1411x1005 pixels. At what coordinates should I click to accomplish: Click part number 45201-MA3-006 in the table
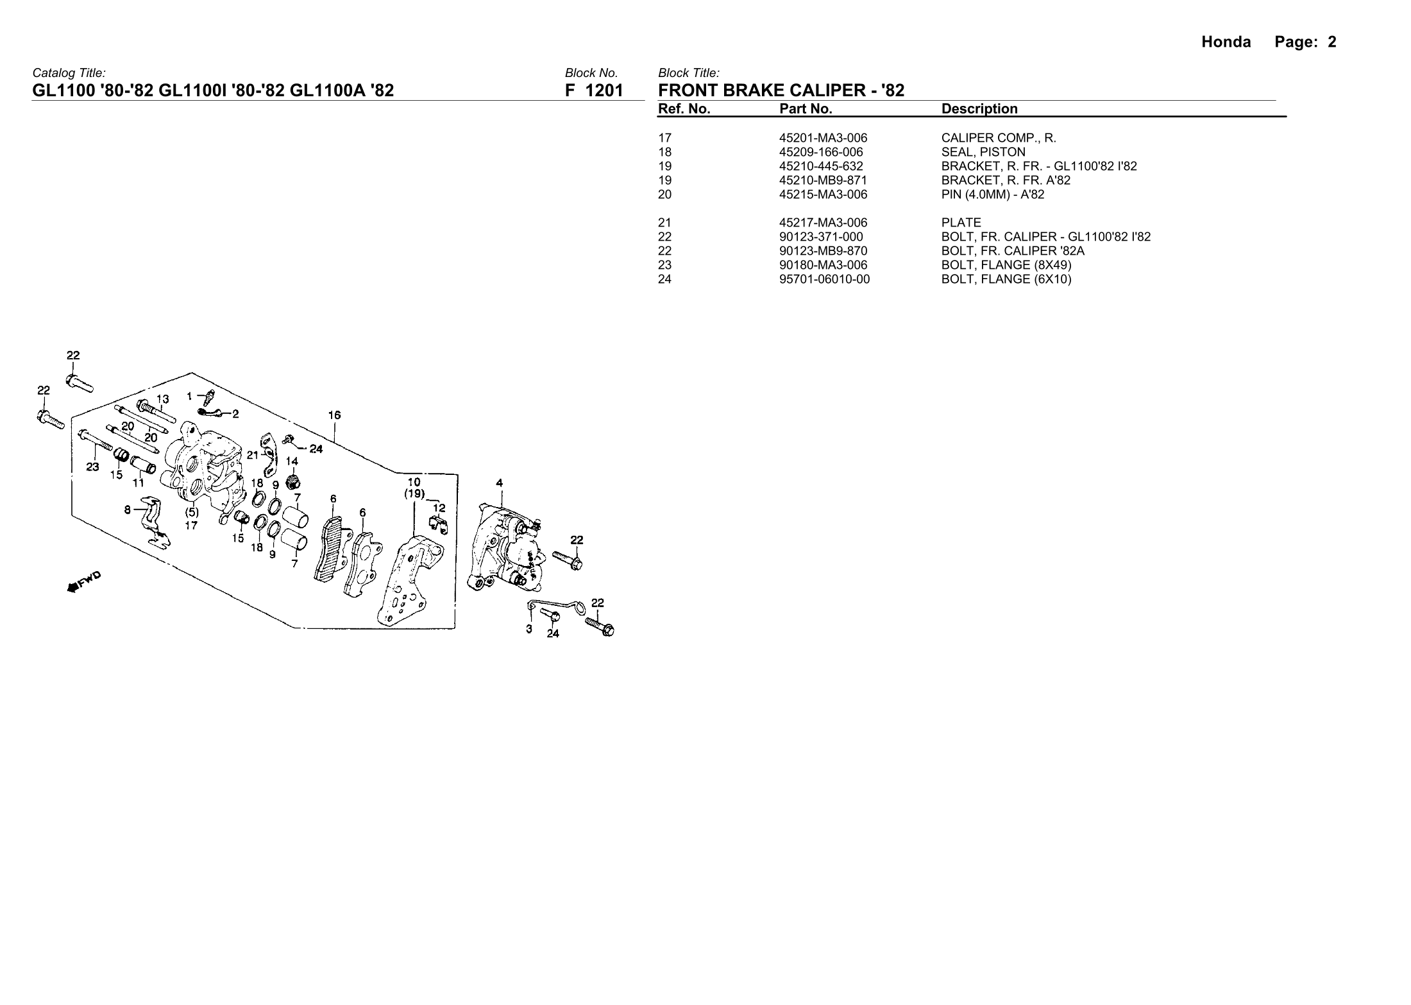[823, 138]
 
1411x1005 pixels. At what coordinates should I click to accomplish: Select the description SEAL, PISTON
[983, 152]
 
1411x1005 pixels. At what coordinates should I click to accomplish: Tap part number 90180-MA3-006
[823, 265]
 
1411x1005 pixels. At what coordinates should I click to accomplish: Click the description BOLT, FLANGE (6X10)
[1006, 279]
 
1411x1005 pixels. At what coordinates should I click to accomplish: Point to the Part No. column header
[806, 109]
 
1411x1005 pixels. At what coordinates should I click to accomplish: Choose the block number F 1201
[593, 90]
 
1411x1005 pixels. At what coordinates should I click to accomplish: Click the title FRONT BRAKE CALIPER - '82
[781, 90]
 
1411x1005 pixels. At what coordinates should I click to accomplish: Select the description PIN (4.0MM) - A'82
[992, 194]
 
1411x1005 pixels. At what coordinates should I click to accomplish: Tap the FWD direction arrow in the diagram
[84, 581]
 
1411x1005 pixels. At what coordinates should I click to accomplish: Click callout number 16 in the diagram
[334, 415]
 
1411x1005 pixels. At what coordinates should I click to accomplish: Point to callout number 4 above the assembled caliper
[500, 483]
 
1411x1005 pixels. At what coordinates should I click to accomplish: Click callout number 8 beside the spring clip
[128, 510]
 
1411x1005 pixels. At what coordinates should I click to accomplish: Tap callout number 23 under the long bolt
[93, 467]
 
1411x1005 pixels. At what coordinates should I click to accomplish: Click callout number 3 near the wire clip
[529, 629]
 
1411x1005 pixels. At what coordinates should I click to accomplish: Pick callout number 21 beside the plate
[253, 455]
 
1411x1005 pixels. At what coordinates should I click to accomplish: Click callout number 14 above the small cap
[292, 461]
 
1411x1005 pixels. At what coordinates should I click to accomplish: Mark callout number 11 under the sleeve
[139, 483]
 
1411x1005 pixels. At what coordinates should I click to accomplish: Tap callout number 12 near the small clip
[439, 508]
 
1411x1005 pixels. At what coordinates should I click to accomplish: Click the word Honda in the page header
[1226, 42]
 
